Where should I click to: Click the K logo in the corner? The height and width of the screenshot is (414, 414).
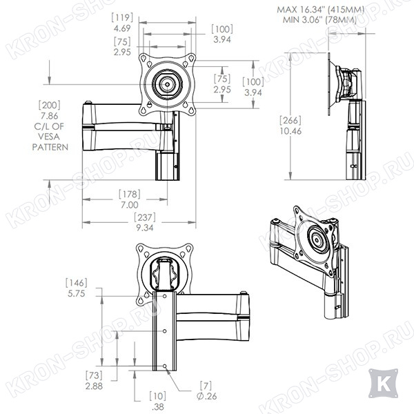[x=383, y=383]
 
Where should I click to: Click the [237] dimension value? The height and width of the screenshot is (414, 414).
[x=145, y=217]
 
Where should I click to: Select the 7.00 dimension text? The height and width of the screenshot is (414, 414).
[x=130, y=205]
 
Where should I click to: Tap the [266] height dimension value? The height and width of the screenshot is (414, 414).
[x=290, y=120]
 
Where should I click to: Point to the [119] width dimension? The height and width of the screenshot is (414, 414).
[x=122, y=18]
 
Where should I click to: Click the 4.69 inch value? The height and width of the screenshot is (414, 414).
[x=122, y=28]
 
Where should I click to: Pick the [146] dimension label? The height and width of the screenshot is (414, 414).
[x=77, y=283]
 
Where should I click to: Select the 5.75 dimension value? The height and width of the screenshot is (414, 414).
[x=77, y=294]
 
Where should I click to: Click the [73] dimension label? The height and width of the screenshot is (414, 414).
[x=94, y=375]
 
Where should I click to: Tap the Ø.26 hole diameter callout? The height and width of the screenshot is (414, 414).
[x=207, y=396]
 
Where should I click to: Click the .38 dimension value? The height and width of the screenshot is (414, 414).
[x=158, y=407]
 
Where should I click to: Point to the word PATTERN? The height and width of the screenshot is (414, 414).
[x=50, y=147]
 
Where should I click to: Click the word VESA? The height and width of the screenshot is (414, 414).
[x=49, y=137]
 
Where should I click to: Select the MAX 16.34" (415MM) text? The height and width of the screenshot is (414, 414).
[x=321, y=10]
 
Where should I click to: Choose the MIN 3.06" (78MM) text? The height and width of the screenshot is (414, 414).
[x=319, y=20]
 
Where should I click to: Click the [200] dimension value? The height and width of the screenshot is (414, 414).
[x=50, y=105]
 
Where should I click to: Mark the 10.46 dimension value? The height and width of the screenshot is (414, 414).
[x=290, y=131]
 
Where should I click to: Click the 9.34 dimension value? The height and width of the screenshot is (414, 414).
[x=145, y=228]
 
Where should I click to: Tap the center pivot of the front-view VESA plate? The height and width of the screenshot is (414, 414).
[x=167, y=84]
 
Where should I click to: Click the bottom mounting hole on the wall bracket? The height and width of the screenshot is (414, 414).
[x=165, y=366]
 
